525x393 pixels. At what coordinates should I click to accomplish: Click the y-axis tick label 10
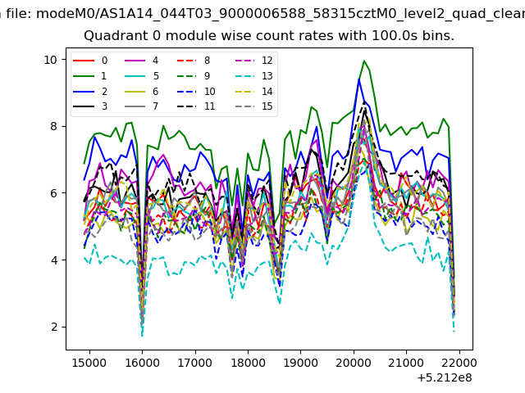[x=51, y=60]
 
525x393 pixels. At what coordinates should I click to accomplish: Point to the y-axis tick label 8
[x=54, y=127]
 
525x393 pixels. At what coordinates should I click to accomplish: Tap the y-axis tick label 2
[x=54, y=327]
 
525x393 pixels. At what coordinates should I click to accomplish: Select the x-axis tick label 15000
[x=89, y=363]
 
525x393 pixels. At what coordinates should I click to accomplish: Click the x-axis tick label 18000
[x=248, y=363]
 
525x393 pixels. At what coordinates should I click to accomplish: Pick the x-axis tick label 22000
[x=459, y=363]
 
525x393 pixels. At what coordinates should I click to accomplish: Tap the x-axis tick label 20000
[x=354, y=363]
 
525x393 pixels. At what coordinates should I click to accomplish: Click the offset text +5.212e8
[x=445, y=378]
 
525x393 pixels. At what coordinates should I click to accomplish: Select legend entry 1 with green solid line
[x=90, y=76]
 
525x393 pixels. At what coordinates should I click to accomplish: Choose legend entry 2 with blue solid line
[x=90, y=92]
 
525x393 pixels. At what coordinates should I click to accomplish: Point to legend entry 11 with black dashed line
[x=196, y=106]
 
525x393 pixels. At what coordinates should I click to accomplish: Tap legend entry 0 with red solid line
[x=90, y=61]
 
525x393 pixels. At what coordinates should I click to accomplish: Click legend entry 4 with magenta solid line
[x=142, y=61]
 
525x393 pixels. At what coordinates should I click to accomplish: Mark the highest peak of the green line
[x=364, y=61]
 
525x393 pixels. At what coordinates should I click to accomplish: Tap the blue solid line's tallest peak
[x=359, y=79]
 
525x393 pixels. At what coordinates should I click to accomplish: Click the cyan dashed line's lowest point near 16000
[x=142, y=336]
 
